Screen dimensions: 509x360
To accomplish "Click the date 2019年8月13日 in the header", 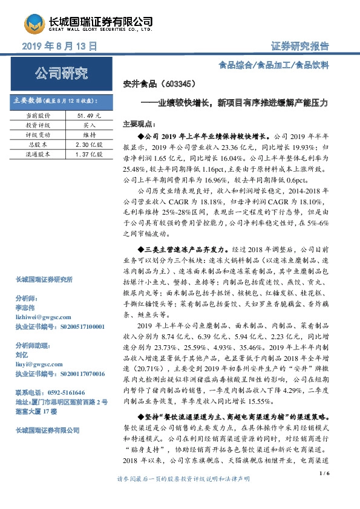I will (x=60, y=46).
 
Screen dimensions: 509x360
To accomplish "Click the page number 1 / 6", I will (x=323, y=490).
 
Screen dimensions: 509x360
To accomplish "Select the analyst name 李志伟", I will (x=25, y=307).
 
